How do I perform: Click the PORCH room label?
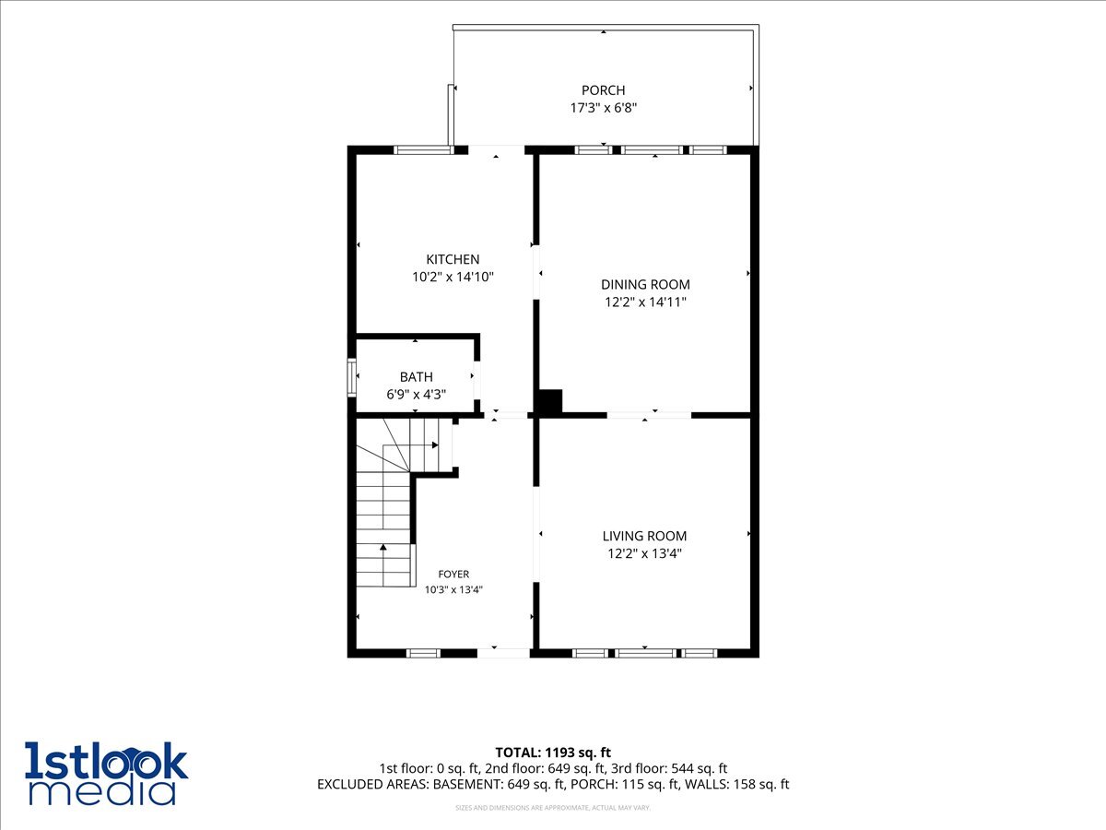point(603,90)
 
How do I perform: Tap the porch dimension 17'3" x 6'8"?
point(603,108)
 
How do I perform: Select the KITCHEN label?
point(453,259)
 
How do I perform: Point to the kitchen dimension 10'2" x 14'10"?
point(453,277)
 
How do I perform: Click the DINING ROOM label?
point(645,285)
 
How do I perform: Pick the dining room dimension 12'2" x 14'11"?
point(645,302)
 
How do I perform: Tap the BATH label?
point(416,377)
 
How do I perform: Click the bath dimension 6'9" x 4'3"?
point(416,394)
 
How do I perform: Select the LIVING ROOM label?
point(644,536)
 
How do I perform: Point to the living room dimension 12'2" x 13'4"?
point(644,553)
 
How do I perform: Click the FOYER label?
point(453,574)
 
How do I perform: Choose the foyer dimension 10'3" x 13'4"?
point(453,589)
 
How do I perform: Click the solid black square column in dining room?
point(550,403)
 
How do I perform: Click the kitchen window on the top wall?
point(423,149)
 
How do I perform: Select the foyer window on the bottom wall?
point(423,654)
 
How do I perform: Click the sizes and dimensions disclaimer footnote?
point(553,808)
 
